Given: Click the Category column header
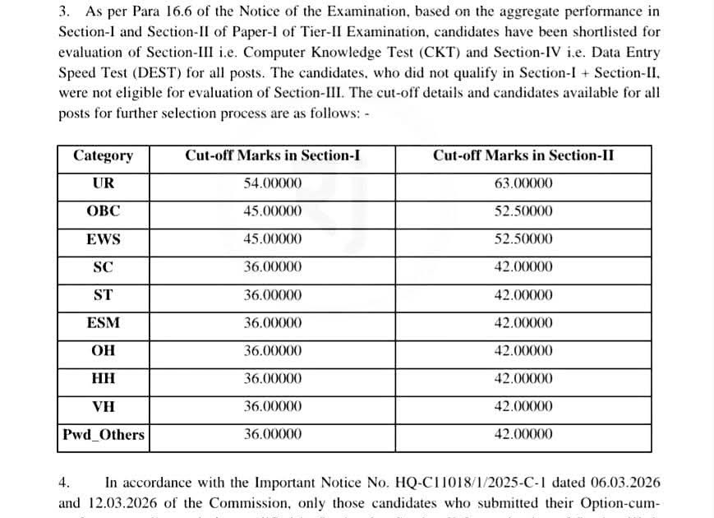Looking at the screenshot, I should click(x=103, y=156).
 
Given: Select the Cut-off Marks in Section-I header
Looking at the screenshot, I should click(x=272, y=156).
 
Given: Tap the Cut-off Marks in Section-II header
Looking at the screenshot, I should click(x=523, y=156).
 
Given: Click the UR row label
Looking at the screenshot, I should click(x=104, y=183).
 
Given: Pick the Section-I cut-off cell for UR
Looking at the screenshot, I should click(x=272, y=183).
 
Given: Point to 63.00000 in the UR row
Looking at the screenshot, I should click(x=523, y=183).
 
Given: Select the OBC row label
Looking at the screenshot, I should click(x=104, y=211).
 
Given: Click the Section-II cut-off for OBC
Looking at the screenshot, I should click(x=523, y=211).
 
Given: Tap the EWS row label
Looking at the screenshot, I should click(x=104, y=239).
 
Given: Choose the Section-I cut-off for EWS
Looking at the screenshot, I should click(x=272, y=239).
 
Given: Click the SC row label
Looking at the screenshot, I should click(x=104, y=267).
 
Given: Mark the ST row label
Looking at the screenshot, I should click(x=104, y=295).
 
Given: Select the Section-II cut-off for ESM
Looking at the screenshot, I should click(x=523, y=323).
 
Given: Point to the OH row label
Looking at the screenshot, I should click(x=104, y=351).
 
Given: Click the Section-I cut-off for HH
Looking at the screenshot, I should click(x=272, y=379).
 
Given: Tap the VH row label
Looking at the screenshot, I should click(x=104, y=406).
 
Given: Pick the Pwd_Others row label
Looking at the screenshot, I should click(x=104, y=434).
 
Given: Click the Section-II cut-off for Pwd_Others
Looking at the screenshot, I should click(x=523, y=434).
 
